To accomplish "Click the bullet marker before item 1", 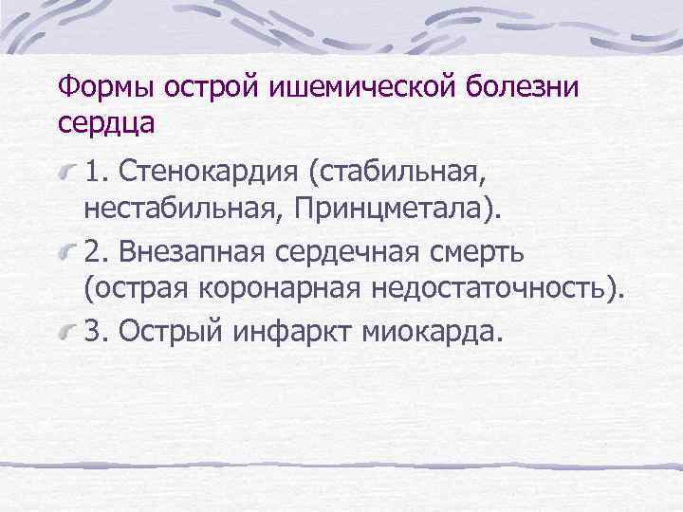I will click(x=67, y=174).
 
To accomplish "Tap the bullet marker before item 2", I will click(x=67, y=253).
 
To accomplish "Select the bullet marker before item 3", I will click(x=67, y=334).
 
